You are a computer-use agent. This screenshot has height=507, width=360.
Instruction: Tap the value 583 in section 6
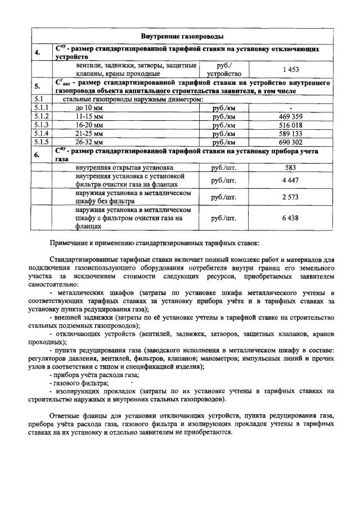(x=290, y=168)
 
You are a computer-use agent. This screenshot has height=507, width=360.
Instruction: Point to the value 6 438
(x=290, y=218)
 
